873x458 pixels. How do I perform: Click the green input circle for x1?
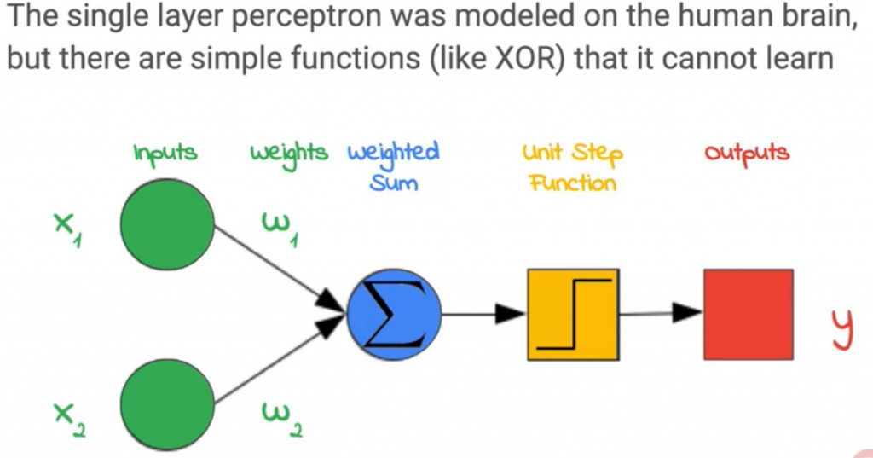[x=167, y=224]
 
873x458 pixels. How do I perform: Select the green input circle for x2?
[x=167, y=405]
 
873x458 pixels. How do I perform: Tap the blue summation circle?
[x=394, y=314]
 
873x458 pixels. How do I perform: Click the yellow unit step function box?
[x=573, y=314]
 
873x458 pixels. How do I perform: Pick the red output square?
[x=749, y=314]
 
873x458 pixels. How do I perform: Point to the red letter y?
[x=842, y=329]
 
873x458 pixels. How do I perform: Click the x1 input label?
[x=68, y=229]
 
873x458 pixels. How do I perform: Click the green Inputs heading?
[x=165, y=153]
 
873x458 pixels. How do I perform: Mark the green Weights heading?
[x=289, y=153]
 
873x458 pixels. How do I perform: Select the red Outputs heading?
[x=747, y=153]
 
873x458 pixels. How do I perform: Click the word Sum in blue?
[x=394, y=183]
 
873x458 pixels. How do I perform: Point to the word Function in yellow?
[x=573, y=183]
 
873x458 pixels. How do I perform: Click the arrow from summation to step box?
[x=484, y=314]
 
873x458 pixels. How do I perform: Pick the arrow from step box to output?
[x=662, y=313]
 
